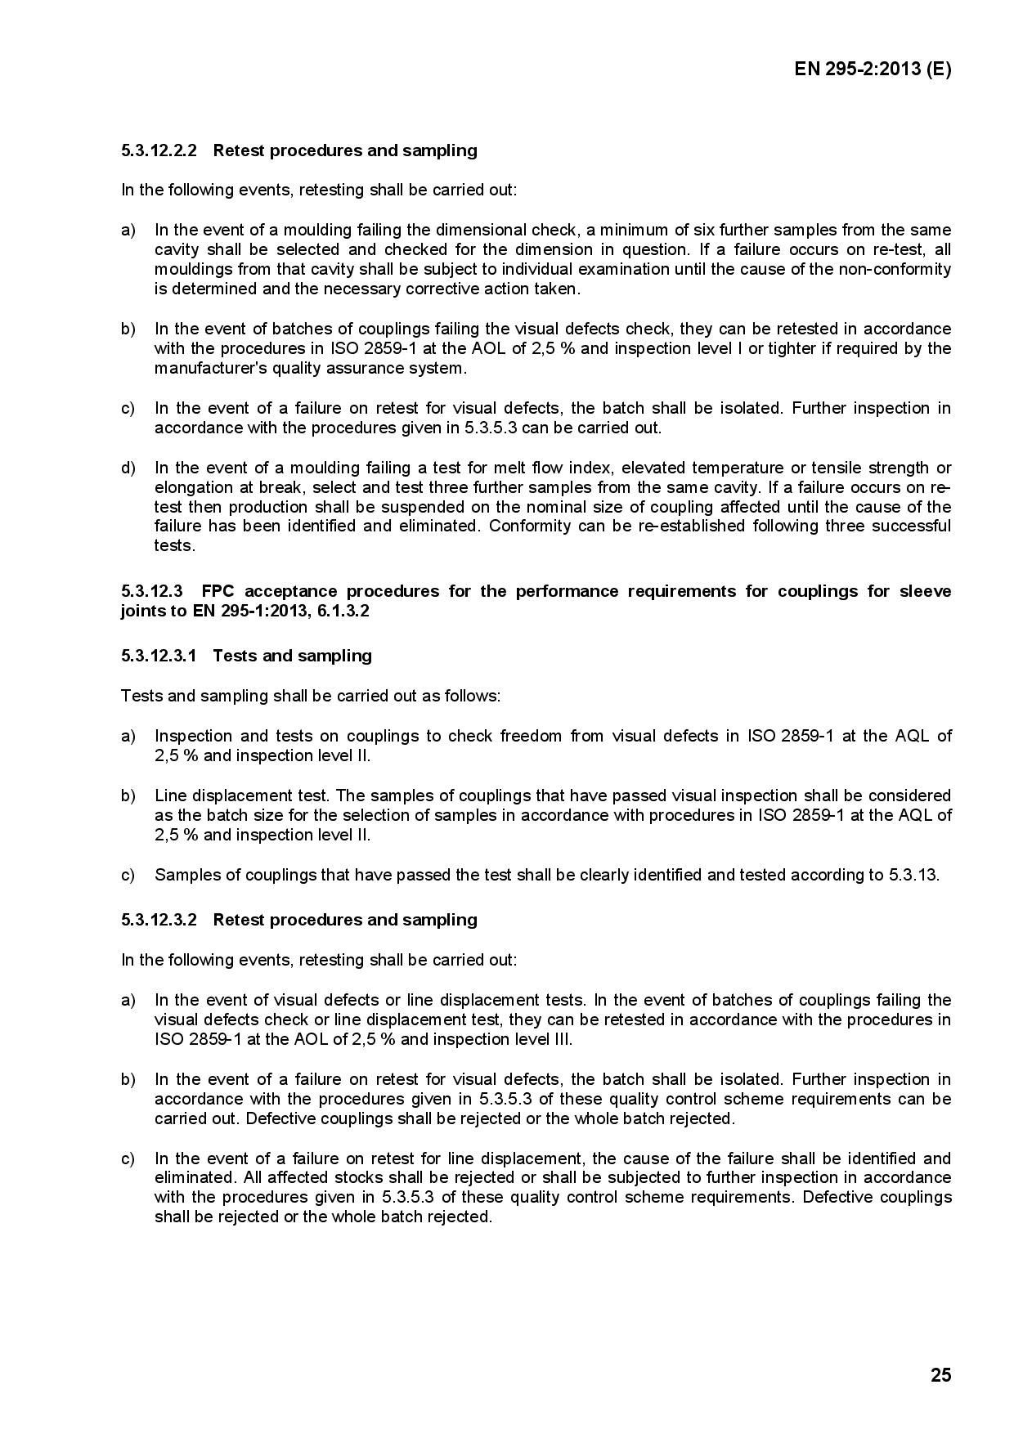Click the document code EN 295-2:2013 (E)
(873, 69)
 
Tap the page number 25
(940, 1375)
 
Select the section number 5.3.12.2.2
(159, 150)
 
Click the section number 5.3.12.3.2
(159, 920)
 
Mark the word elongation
(190, 487)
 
